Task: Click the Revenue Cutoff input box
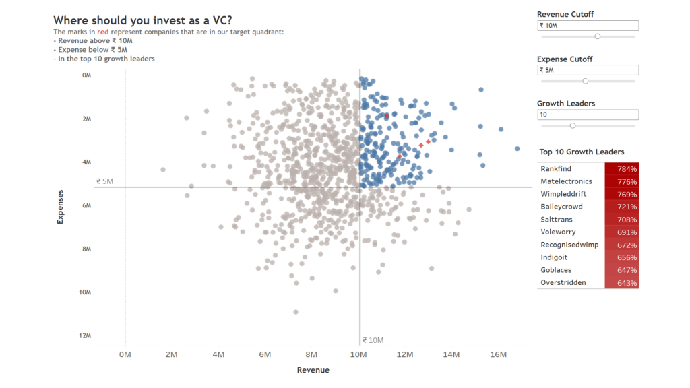click(x=588, y=26)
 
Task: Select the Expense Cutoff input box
click(x=588, y=70)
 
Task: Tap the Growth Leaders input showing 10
click(x=588, y=115)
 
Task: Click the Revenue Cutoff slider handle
click(x=597, y=36)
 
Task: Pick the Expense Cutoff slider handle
click(x=585, y=81)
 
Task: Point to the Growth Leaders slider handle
click(x=573, y=125)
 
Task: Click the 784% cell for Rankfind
click(x=621, y=169)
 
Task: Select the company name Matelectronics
click(x=566, y=181)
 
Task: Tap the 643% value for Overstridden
click(x=621, y=283)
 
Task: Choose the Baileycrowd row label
click(x=561, y=207)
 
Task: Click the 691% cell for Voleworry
click(x=621, y=232)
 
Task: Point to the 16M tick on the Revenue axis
click(x=498, y=354)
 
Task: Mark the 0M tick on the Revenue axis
click(x=125, y=354)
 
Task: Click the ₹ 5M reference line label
click(x=104, y=181)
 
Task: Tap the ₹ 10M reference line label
click(x=373, y=340)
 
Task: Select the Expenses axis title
click(x=60, y=206)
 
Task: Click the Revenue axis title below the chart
click(x=313, y=370)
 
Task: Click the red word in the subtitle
click(x=102, y=32)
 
